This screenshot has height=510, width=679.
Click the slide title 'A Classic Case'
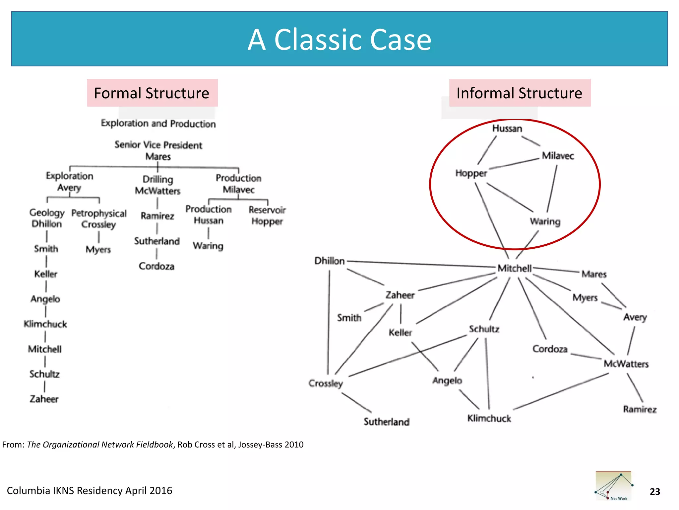tap(339, 40)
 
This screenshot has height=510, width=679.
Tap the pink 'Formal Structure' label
tap(152, 93)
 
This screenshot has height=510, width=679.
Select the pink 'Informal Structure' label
tap(519, 93)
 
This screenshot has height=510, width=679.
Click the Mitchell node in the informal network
tap(514, 268)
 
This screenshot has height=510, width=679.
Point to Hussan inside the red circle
tap(507, 128)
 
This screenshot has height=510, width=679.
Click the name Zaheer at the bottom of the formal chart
tap(44, 399)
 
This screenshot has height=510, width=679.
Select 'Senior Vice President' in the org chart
tap(158, 145)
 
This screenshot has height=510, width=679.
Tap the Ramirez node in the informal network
tap(640, 409)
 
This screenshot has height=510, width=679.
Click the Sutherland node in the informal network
tap(387, 422)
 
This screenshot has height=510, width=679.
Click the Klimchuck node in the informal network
tap(489, 419)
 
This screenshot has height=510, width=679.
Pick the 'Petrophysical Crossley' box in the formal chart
tap(99, 219)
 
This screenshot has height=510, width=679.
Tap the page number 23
tap(655, 491)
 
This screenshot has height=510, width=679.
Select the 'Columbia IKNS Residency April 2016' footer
tap(90, 490)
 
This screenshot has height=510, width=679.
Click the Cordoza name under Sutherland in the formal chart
tap(156, 266)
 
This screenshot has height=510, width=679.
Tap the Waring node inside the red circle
tap(545, 221)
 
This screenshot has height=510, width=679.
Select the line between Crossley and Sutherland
tap(357, 403)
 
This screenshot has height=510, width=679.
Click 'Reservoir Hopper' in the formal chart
tap(267, 215)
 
